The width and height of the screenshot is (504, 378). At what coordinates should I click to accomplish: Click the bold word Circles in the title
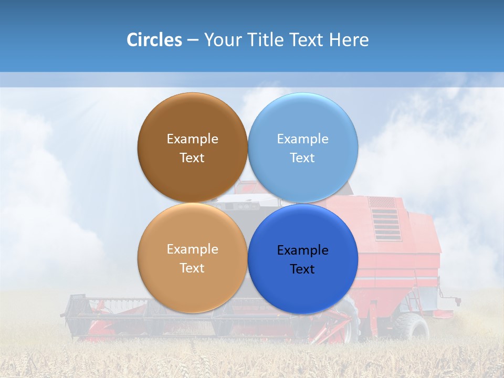(154, 40)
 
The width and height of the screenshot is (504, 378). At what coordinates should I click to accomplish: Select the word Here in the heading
(349, 40)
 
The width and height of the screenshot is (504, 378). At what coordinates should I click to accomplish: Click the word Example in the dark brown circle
(192, 139)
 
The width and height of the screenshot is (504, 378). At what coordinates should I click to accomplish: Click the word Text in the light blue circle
(302, 158)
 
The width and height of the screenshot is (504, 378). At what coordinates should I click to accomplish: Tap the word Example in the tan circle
(192, 249)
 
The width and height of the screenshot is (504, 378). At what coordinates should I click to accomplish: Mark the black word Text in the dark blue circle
(302, 269)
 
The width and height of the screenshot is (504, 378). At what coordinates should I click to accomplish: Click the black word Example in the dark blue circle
(302, 250)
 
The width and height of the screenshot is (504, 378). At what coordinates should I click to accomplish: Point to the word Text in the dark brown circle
(192, 158)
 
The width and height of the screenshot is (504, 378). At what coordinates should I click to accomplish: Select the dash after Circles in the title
(193, 40)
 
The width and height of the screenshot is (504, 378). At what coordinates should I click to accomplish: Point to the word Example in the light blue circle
(302, 139)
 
